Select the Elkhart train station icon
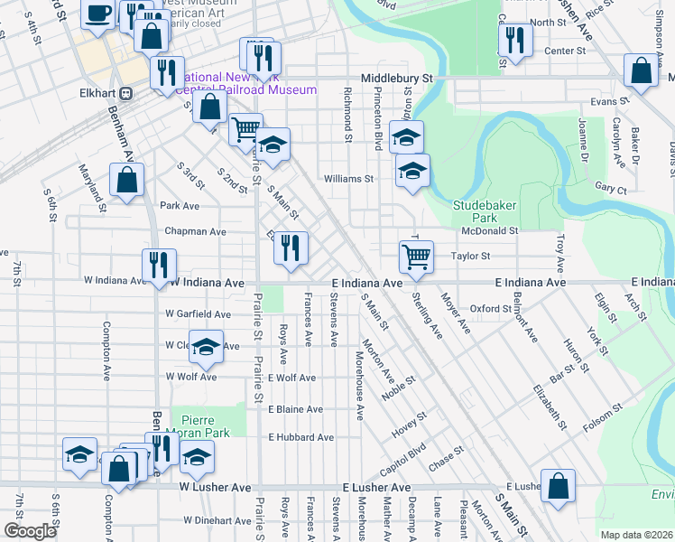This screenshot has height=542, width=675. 126,92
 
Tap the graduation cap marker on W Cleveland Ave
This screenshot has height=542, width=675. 206,348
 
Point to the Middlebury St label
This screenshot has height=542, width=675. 398,79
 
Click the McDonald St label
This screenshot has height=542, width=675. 489,231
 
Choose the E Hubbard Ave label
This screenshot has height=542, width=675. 301,437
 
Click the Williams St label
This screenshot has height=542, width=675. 348,179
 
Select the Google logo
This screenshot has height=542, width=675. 30,531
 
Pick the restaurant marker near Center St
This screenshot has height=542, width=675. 515,39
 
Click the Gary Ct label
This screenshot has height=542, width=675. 611,190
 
